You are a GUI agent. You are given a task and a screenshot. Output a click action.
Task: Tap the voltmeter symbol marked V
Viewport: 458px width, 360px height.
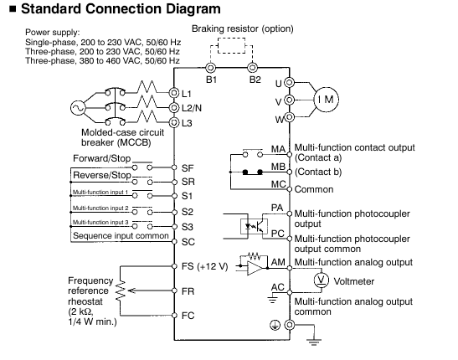(322, 280)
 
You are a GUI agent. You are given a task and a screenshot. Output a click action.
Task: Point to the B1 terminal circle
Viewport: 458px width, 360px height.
(210, 68)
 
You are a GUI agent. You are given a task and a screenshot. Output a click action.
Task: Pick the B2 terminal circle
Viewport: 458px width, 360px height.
(252, 68)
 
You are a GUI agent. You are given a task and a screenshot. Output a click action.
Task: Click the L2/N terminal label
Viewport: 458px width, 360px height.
(192, 108)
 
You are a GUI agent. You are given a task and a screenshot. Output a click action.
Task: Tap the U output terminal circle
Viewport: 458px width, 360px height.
(289, 83)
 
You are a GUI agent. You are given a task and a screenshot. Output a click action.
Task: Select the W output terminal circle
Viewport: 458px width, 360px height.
(289, 117)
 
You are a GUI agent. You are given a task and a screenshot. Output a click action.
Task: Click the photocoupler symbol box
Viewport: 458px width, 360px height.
(254, 226)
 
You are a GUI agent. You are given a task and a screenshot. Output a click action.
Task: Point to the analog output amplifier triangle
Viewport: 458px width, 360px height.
(255, 268)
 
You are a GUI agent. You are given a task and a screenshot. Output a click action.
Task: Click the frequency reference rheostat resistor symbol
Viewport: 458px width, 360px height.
(121, 291)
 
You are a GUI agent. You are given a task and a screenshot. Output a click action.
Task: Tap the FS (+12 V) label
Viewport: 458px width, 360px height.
(204, 266)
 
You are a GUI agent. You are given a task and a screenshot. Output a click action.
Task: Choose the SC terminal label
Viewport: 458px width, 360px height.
(188, 242)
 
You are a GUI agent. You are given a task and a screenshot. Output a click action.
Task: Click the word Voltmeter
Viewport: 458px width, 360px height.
(354, 281)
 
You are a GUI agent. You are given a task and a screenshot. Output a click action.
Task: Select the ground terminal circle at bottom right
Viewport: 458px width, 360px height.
(290, 325)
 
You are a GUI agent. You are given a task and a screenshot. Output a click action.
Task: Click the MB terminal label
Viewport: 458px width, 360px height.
(278, 167)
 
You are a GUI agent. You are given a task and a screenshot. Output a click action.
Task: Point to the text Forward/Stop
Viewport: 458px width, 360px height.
(101, 158)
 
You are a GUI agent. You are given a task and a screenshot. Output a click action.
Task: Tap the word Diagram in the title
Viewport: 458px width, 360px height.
(190, 9)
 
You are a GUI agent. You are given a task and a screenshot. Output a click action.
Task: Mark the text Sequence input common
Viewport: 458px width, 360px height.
(121, 235)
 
